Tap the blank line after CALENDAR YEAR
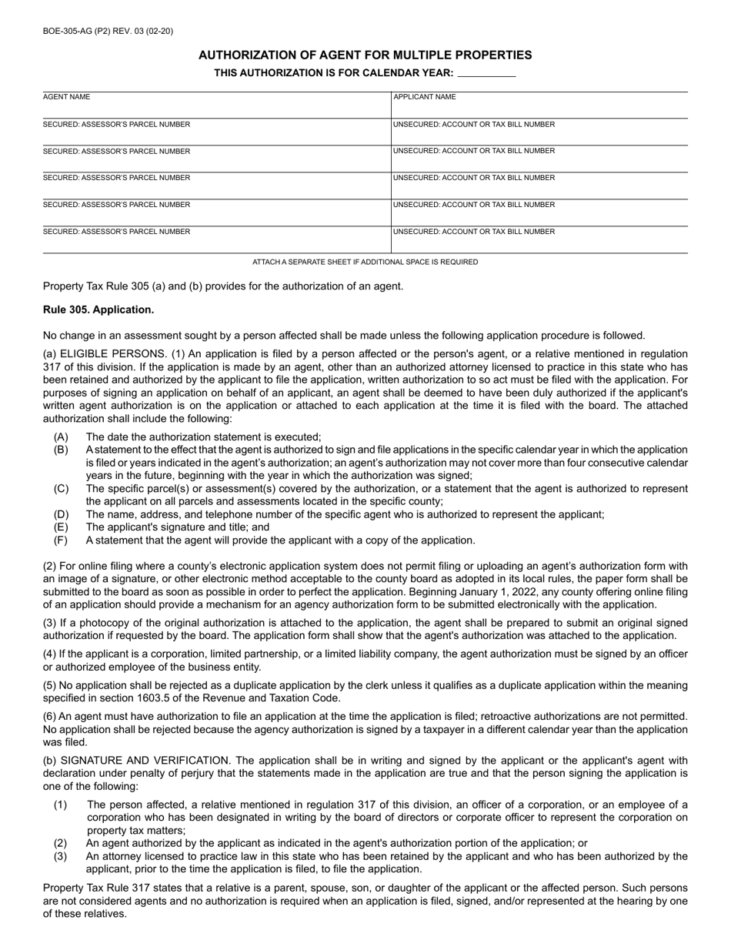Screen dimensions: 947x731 (x=486, y=74)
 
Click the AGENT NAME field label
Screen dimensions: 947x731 (x=66, y=97)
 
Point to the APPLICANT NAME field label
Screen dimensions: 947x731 (x=425, y=97)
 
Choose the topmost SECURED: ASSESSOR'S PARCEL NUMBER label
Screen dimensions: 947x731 (x=116, y=124)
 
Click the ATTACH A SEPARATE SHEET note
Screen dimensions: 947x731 (x=365, y=262)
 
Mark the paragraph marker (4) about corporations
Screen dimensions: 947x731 (x=50, y=654)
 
